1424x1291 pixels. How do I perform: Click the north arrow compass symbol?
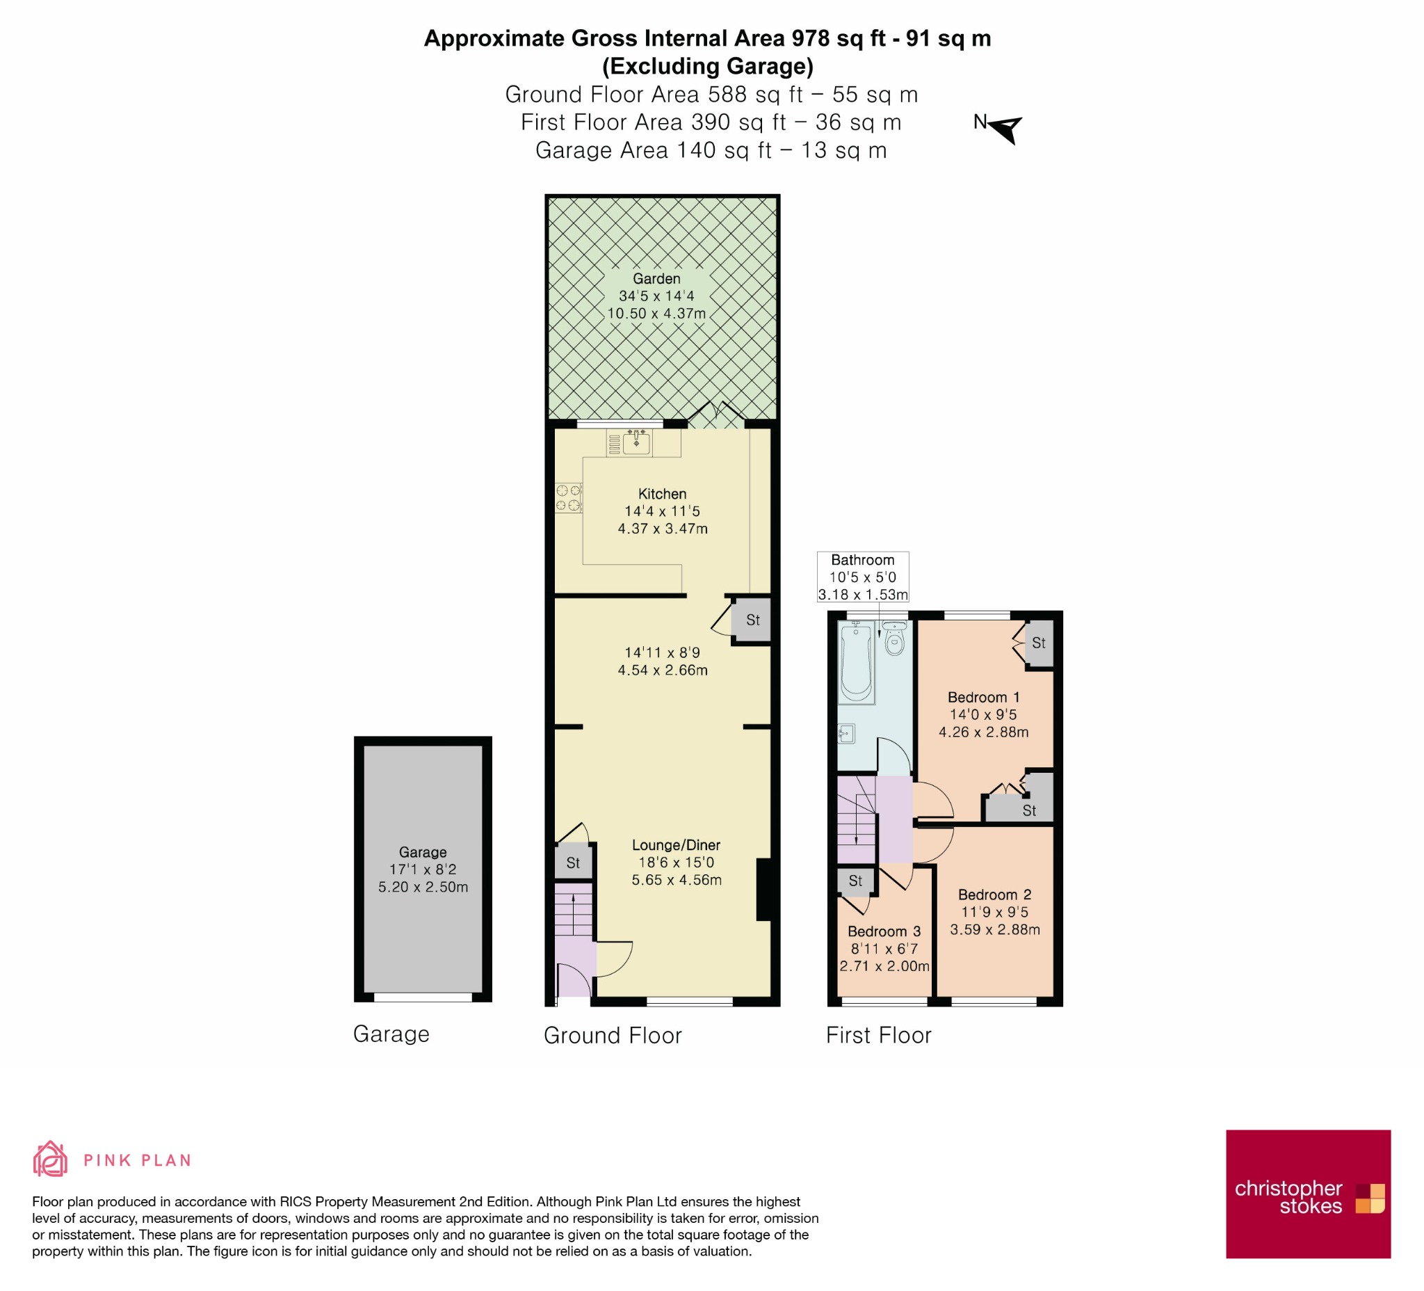[1006, 129]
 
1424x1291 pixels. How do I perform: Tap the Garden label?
[656, 278]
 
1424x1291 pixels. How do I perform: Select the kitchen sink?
[636, 442]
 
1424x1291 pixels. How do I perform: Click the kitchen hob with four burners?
[569, 497]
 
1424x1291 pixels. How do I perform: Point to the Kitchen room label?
[662, 494]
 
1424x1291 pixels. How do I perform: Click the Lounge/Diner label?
[676, 845]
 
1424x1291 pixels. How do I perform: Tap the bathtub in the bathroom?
[856, 662]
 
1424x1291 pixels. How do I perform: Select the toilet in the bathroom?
[894, 638]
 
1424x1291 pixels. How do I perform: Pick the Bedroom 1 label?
[983, 698]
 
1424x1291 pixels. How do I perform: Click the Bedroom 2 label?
[994, 895]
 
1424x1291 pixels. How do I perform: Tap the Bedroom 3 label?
[884, 931]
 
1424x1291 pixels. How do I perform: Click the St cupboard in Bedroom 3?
[855, 881]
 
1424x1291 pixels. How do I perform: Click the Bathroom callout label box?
[862, 577]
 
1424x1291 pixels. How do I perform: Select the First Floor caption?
[879, 1035]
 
